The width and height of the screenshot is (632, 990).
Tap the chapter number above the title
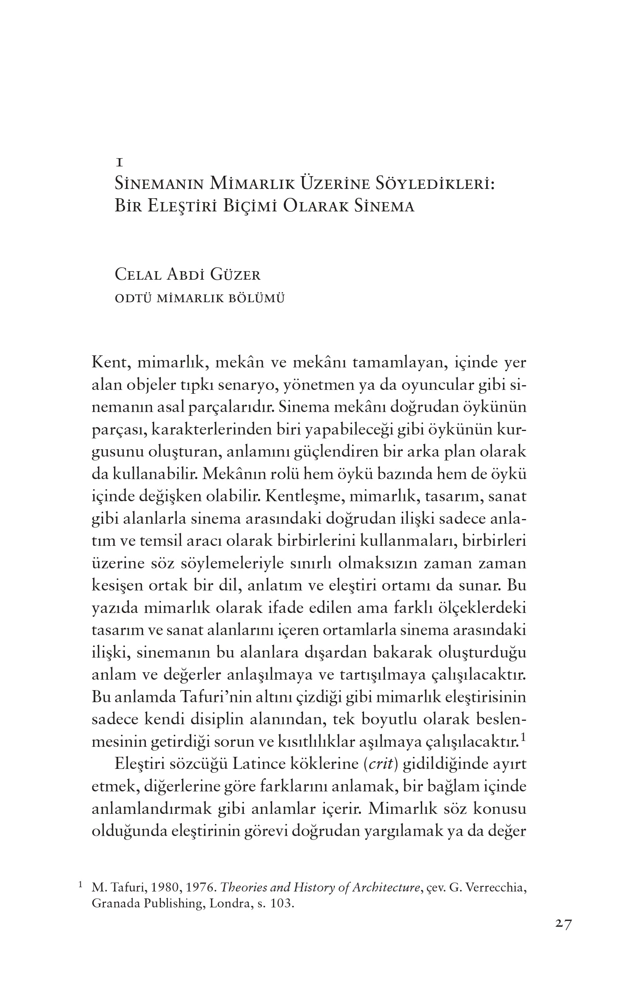(x=119, y=163)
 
